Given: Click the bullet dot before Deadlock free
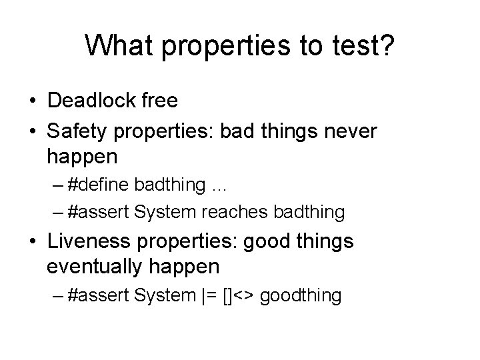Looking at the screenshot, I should coord(32,102).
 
